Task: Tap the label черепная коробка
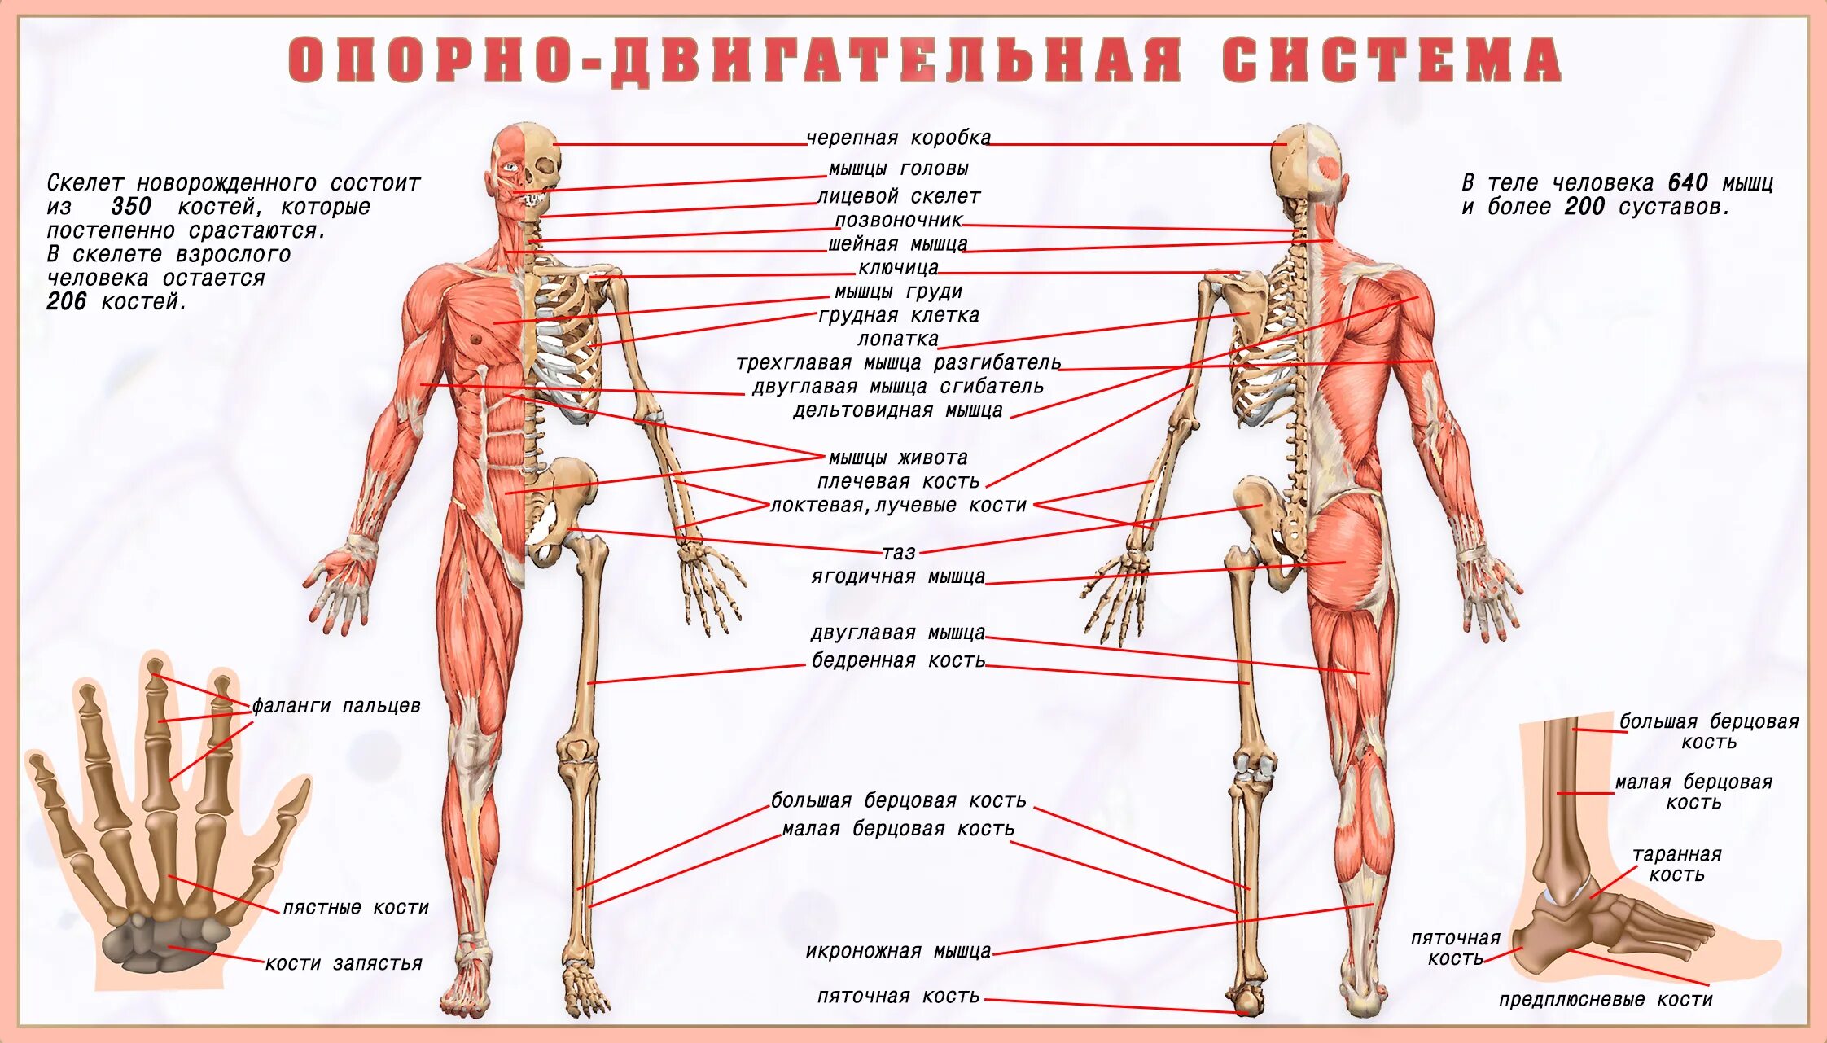898,138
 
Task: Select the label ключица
898,267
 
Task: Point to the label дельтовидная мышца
898,410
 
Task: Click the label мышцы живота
898,458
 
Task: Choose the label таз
899,553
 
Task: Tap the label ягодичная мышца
898,576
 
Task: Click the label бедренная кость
898,660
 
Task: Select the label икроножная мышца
898,951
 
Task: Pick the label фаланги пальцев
336,705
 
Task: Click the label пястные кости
356,907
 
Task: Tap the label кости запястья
344,963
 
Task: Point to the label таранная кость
1676,864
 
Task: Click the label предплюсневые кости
1606,999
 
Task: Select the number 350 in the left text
130,206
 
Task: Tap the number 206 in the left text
67,301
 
